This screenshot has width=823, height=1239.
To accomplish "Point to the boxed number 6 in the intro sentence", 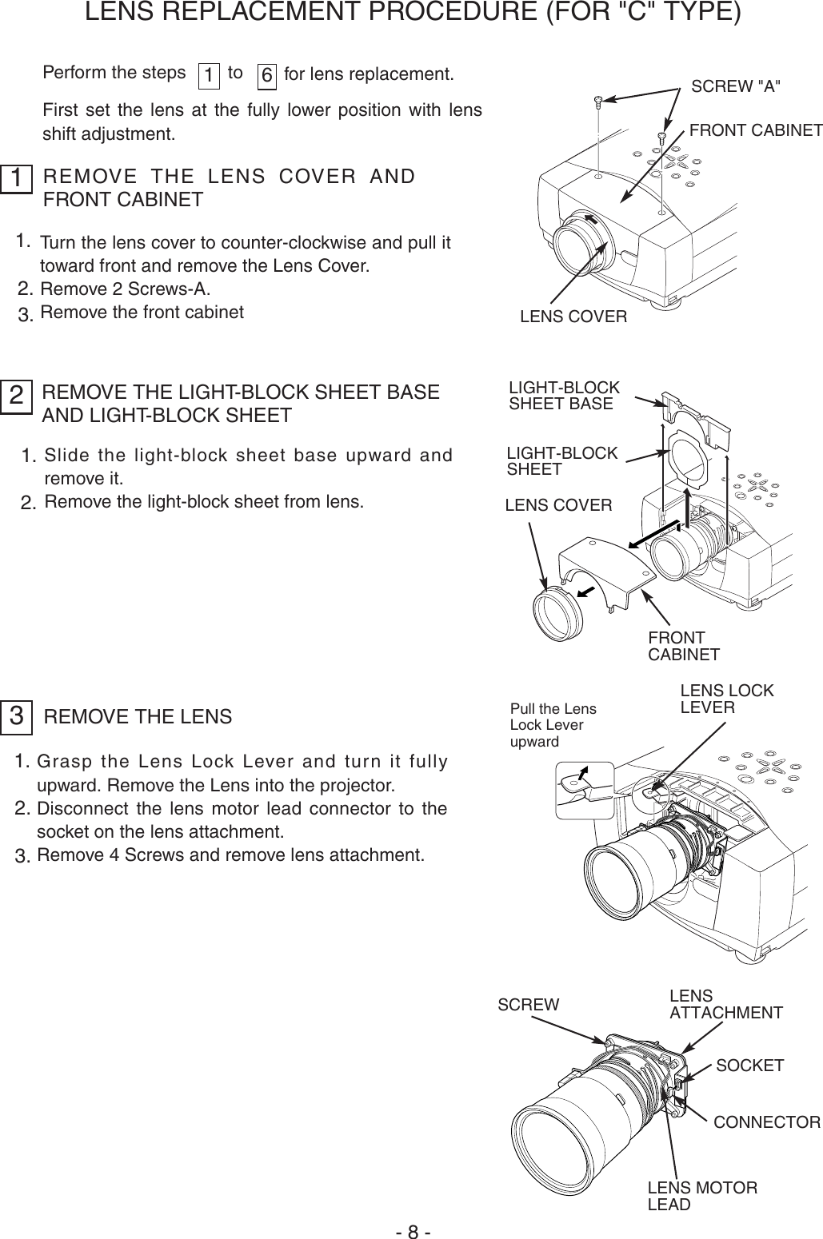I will click(x=267, y=75).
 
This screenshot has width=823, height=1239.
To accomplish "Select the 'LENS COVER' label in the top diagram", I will click(x=573, y=317).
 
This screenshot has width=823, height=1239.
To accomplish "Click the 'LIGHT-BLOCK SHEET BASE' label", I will click(x=564, y=396).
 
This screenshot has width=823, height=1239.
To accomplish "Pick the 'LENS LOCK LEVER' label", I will click(x=726, y=699).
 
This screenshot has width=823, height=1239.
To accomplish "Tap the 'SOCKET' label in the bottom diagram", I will click(x=749, y=1066).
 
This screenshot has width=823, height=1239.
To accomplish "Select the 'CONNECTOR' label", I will click(x=766, y=1122).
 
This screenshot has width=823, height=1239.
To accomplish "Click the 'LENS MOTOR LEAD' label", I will click(x=701, y=1196).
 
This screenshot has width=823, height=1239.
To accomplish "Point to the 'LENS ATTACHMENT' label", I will click(x=725, y=1005).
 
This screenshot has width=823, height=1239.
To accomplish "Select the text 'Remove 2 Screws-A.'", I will click(x=126, y=289).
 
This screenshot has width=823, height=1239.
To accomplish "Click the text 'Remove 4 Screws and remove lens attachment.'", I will click(x=230, y=856).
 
